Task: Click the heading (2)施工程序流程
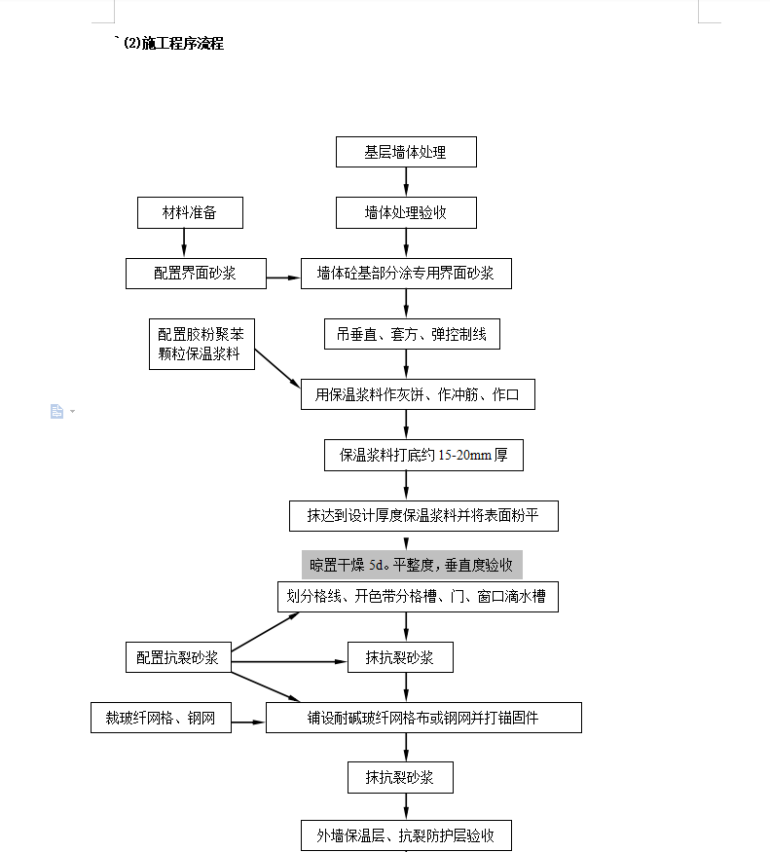pos(174,43)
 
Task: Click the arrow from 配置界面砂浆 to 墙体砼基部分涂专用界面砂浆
pos(283,278)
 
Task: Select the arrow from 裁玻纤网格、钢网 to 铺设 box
pos(248,722)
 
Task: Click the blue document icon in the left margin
pos(56,411)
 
